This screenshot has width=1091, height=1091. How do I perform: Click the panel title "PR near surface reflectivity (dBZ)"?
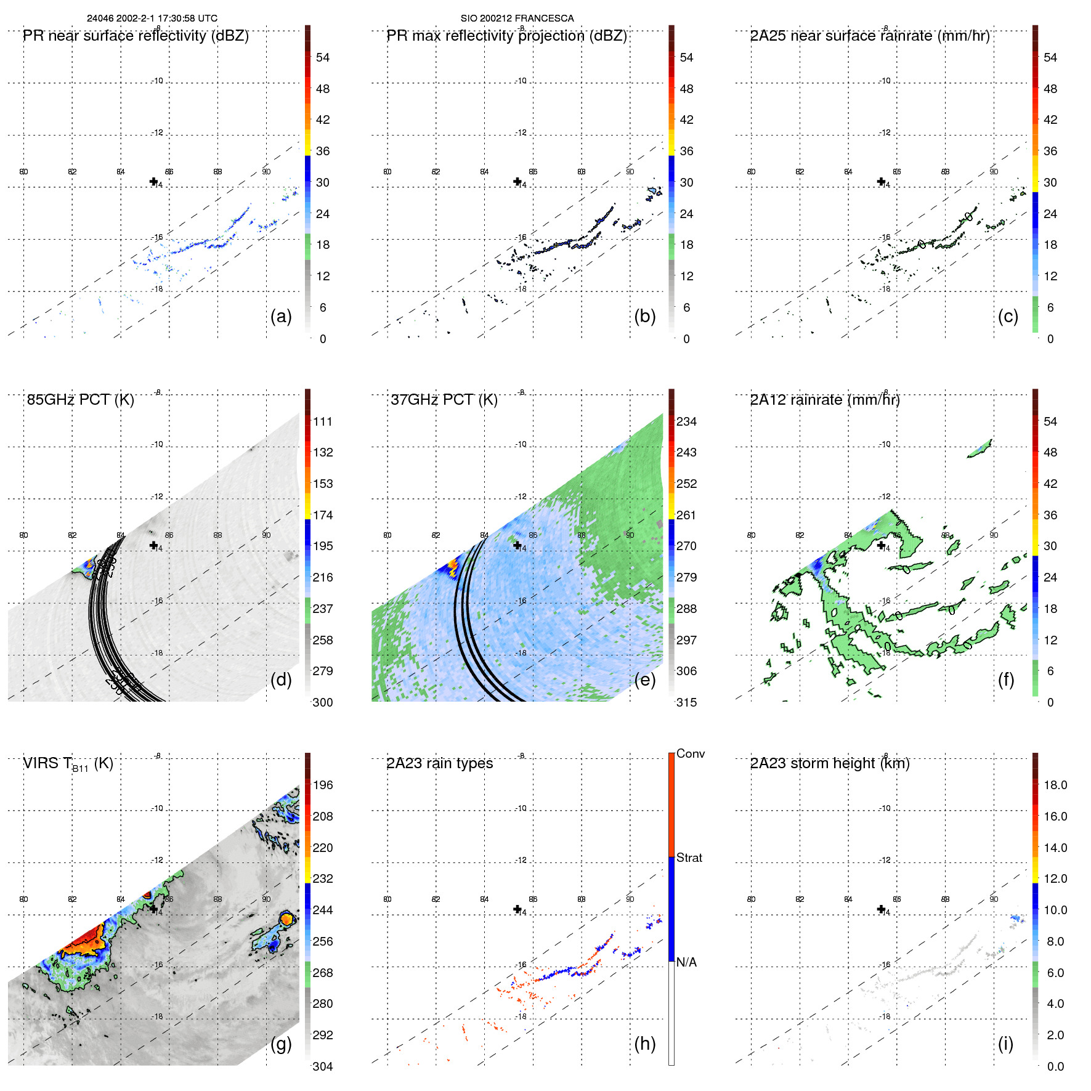(136, 36)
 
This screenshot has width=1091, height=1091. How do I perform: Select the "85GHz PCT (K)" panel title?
(80, 400)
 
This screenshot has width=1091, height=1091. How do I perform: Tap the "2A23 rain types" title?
(439, 763)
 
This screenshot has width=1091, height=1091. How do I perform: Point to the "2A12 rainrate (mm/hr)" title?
(824, 400)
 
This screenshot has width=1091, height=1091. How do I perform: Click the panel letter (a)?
(281, 316)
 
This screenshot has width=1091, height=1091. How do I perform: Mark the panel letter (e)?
(644, 679)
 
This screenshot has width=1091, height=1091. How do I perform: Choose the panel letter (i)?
(1005, 1044)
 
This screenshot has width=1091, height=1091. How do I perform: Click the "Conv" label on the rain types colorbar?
(690, 753)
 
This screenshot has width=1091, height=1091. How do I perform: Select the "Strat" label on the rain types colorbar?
(689, 858)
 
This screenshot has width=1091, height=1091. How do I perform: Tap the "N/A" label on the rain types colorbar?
(686, 962)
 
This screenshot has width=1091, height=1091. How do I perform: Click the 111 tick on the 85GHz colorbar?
(323, 421)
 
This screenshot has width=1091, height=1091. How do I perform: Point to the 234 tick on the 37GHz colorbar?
(686, 421)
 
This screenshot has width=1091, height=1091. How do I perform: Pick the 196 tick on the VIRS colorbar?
(323, 785)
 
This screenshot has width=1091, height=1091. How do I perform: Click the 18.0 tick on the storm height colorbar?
(1055, 785)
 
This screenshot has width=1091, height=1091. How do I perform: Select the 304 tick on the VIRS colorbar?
(323, 1066)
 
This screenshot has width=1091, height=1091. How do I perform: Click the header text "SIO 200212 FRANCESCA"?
(517, 18)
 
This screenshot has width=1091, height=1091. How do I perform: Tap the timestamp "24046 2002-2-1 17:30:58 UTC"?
(152, 18)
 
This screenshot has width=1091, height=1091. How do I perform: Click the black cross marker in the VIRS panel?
(153, 909)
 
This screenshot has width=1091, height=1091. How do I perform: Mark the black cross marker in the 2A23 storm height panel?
(881, 909)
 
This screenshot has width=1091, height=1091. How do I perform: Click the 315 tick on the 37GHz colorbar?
(686, 702)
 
